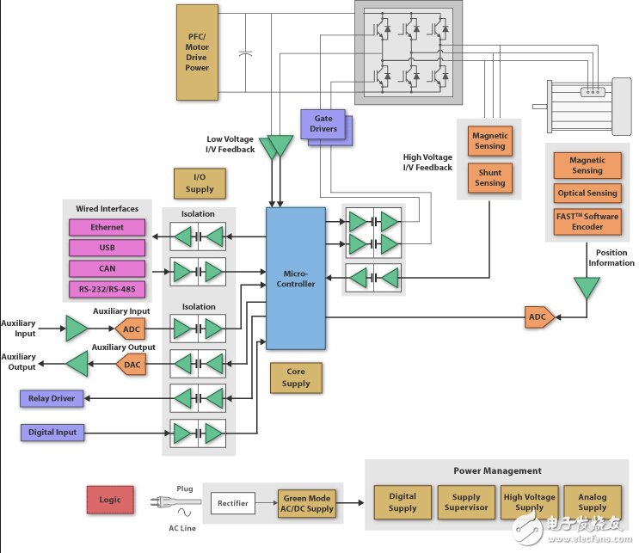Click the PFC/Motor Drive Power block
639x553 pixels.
[x=197, y=51]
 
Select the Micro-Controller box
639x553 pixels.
[x=296, y=277]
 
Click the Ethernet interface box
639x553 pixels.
[x=107, y=227]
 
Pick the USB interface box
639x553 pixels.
[x=107, y=248]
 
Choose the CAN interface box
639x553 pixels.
[x=107, y=268]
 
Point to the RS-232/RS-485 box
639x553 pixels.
[x=107, y=289]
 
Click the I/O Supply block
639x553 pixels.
[x=200, y=183]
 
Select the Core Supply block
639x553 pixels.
[x=296, y=378]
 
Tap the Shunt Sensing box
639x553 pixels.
[x=489, y=177]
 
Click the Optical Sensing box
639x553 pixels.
[x=587, y=194]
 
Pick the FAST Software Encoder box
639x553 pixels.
[x=587, y=222]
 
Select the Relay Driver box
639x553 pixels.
[x=52, y=398]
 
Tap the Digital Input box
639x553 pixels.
[x=52, y=432]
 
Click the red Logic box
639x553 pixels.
[x=110, y=500]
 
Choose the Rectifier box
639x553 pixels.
[x=233, y=503]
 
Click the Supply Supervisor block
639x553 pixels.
[x=465, y=502]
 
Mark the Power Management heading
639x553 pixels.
[x=497, y=470]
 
